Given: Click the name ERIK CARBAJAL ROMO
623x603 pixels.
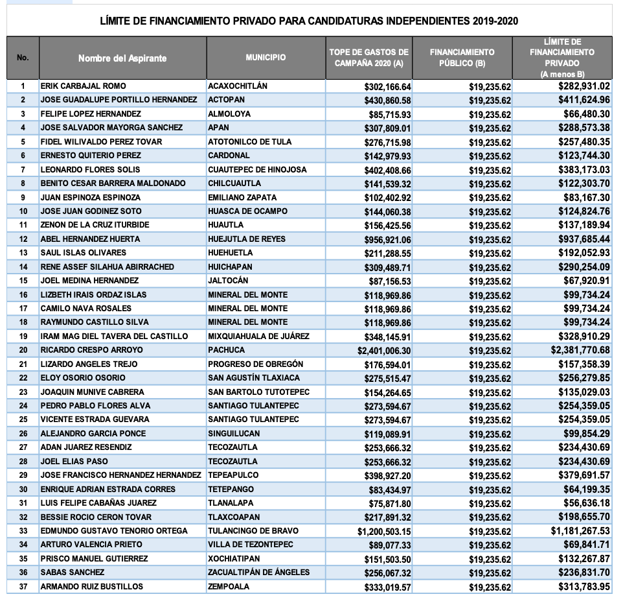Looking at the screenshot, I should pyautogui.click(x=83, y=86).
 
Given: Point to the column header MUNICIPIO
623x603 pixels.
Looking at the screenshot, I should pyautogui.click(x=266, y=58).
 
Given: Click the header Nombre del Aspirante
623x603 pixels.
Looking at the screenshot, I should pyautogui.click(x=122, y=58).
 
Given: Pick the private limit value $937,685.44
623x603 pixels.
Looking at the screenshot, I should pyautogui.click(x=584, y=239).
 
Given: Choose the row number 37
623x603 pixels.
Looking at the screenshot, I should pyautogui.click(x=23, y=587).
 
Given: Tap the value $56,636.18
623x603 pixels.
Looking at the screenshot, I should pyautogui.click(x=584, y=503).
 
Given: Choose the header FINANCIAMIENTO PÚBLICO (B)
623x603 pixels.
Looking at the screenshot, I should pyautogui.click(x=462, y=58).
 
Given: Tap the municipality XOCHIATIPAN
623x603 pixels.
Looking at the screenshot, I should pyautogui.click(x=234, y=559).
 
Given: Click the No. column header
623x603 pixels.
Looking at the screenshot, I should pyautogui.click(x=23, y=58).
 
